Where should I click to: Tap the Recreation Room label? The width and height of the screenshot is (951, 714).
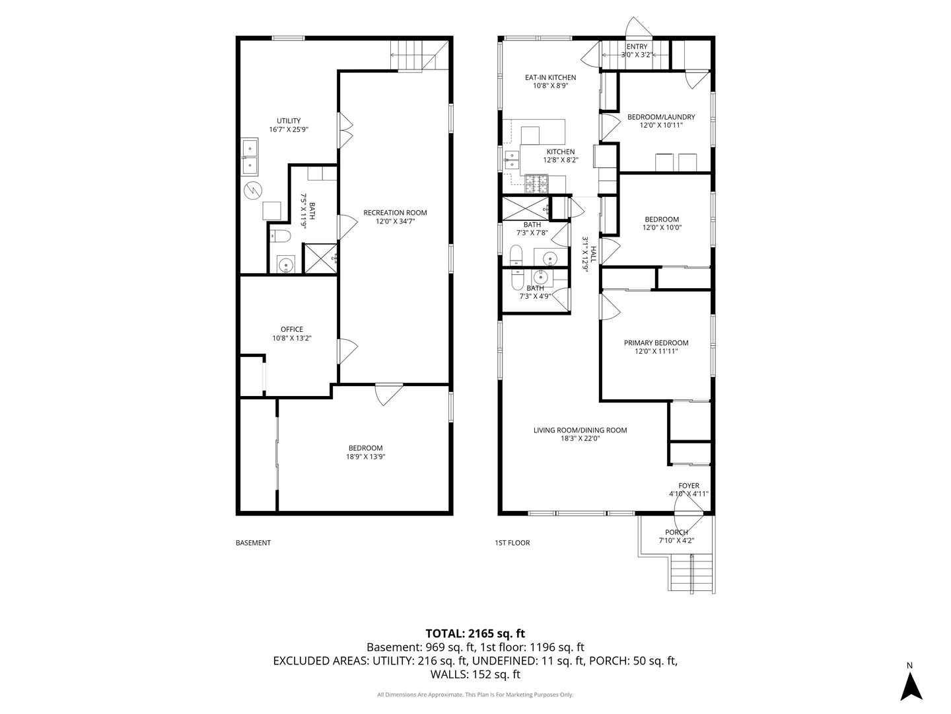click(x=395, y=212)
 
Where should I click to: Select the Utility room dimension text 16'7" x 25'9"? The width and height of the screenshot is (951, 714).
click(x=289, y=129)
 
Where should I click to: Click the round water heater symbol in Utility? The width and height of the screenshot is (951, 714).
click(x=253, y=190)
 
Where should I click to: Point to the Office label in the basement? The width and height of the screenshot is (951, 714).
click(x=292, y=329)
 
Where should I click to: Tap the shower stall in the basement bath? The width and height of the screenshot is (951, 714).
click(x=321, y=258)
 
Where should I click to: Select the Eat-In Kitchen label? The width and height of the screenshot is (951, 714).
click(x=550, y=77)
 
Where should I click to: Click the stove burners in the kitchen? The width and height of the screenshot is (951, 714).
click(x=536, y=184)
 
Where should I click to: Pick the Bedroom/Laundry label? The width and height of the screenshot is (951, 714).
click(x=661, y=117)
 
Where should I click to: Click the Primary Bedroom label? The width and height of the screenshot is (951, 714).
click(x=656, y=343)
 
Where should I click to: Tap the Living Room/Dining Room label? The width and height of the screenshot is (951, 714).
click(x=580, y=430)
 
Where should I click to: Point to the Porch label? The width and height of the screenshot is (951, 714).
click(x=676, y=532)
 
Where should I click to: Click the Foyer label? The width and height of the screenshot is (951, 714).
click(x=688, y=486)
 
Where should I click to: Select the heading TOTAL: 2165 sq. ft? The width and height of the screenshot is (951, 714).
click(x=475, y=634)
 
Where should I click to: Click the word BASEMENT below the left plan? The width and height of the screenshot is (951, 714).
click(x=253, y=543)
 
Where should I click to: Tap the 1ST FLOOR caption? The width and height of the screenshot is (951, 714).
click(x=512, y=543)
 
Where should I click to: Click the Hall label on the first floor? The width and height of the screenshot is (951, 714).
click(x=593, y=255)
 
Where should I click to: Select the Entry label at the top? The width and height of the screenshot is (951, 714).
click(x=637, y=46)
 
